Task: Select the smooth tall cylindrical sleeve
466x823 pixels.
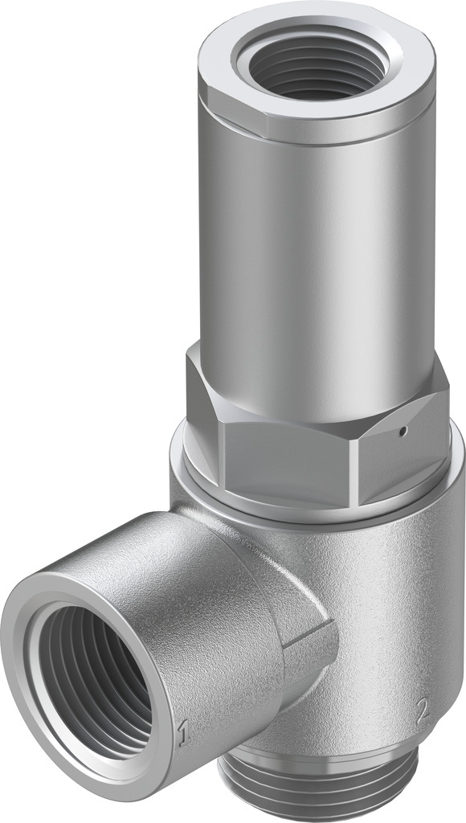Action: tap(321, 257)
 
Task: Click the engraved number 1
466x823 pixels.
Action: tap(183, 732)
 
